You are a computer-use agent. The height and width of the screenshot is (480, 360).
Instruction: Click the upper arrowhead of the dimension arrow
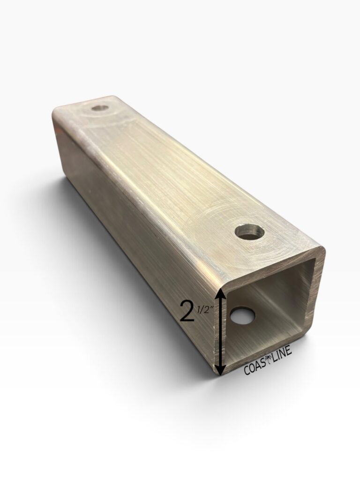(x=222, y=296)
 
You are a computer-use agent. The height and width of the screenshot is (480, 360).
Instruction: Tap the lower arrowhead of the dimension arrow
(x=221, y=369)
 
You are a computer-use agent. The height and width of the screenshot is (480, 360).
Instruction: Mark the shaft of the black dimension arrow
(x=222, y=332)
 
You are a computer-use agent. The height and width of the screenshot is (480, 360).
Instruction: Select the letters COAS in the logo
(x=255, y=367)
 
